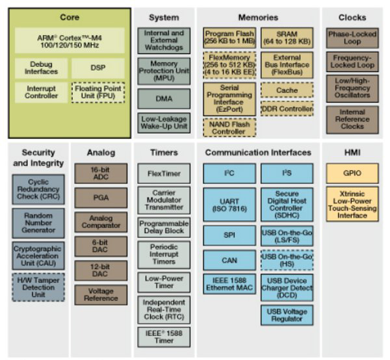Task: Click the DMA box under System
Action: point(164,99)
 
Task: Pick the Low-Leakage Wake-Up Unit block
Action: point(164,123)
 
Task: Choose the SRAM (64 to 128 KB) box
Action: point(287,38)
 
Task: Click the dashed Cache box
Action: point(287,90)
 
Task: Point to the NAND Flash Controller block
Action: point(229,127)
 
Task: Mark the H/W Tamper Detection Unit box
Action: point(38,287)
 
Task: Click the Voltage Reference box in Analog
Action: point(101,294)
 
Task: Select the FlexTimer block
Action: point(164,174)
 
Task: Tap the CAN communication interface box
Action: point(229,260)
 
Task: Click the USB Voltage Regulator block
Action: point(287,315)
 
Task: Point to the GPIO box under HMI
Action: point(352,174)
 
